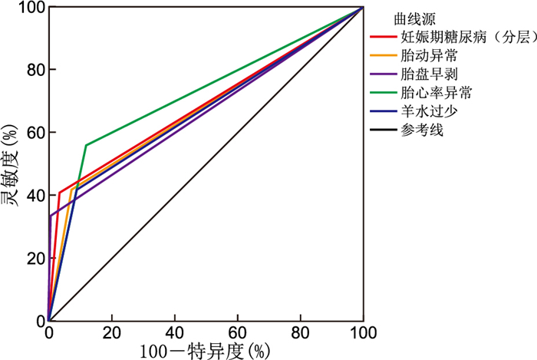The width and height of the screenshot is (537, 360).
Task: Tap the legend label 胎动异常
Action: coord(426,55)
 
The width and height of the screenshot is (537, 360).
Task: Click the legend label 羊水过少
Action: coord(426,111)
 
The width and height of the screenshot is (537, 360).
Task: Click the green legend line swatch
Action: coord(382,93)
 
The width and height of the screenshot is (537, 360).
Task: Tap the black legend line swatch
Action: coord(382,130)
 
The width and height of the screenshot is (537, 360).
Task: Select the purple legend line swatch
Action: coord(382,74)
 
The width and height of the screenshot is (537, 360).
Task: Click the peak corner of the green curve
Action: coord(86,144)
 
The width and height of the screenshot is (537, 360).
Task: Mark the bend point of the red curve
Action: coord(59,193)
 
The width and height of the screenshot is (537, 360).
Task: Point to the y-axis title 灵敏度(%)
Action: coord(10,163)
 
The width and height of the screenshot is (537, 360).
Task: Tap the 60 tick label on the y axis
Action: coord(31,132)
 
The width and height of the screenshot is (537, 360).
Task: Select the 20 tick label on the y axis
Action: coord(31,258)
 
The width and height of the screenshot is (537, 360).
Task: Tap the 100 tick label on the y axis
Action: coord(28,7)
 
